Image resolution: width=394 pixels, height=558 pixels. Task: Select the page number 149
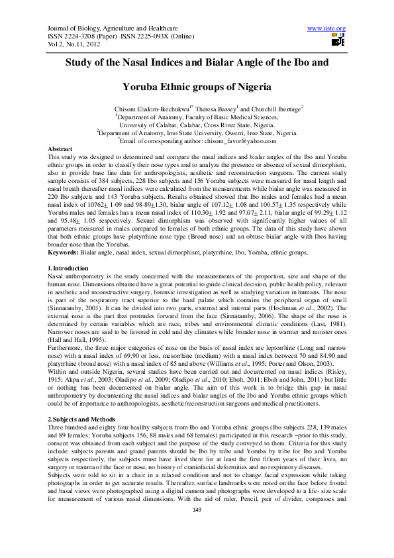click(197, 545)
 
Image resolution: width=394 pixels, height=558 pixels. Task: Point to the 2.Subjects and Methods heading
click(84, 421)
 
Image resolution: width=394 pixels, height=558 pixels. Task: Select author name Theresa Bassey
click(217, 107)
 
